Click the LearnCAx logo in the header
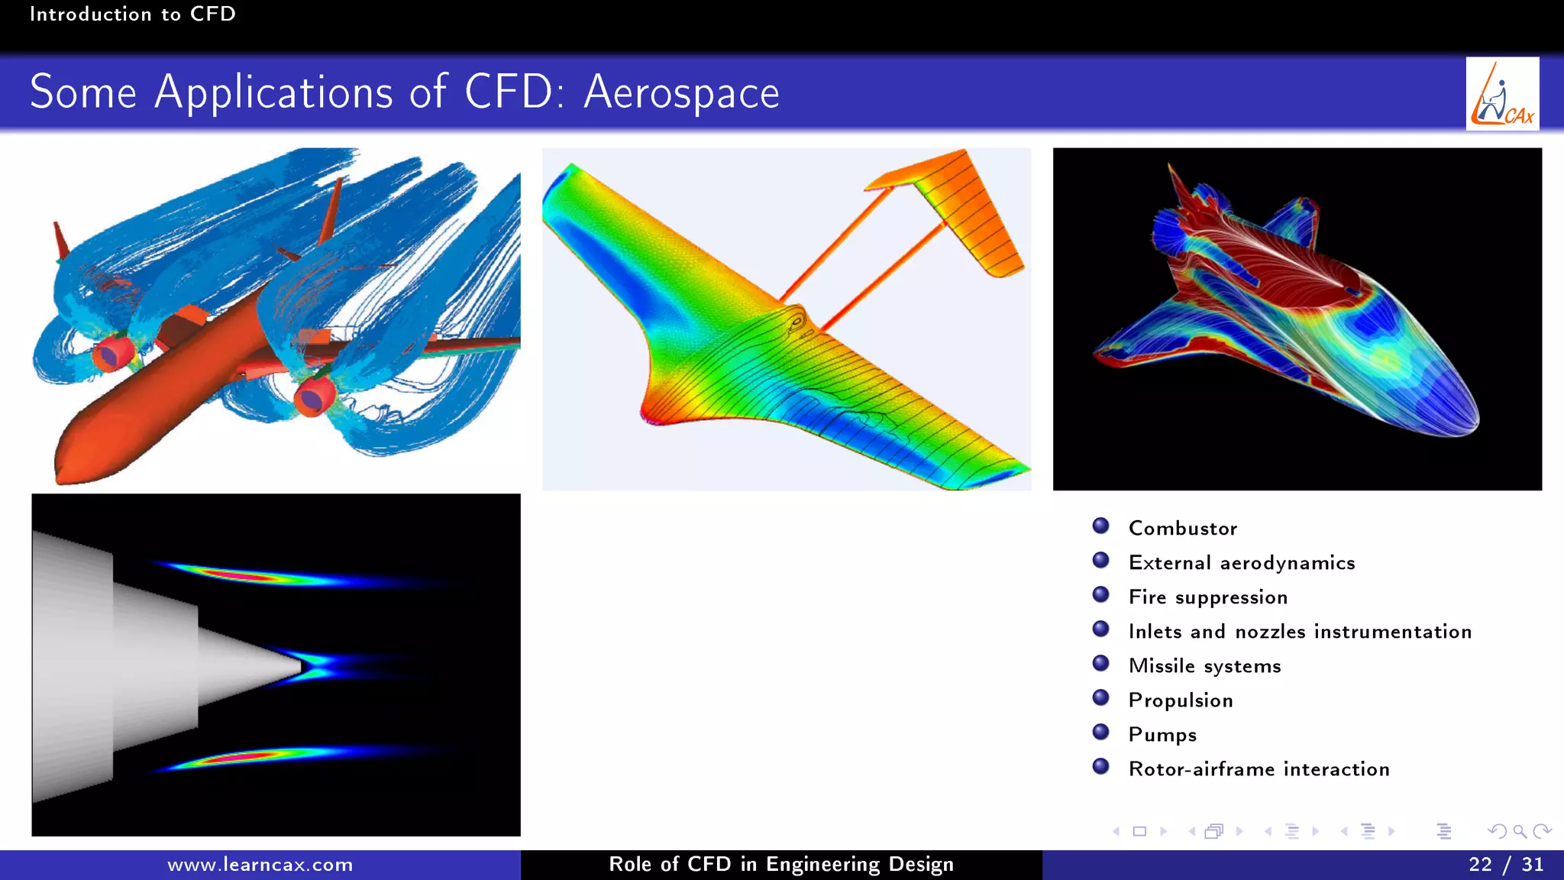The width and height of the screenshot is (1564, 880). [x=1502, y=94]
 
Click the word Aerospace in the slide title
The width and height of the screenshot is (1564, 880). [x=681, y=93]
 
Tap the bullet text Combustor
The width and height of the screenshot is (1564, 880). [x=1182, y=529]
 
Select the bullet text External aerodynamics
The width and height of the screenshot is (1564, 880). [x=1241, y=563]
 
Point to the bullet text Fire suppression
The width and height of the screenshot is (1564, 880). [x=1207, y=597]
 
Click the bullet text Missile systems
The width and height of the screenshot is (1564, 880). [x=1204, y=666]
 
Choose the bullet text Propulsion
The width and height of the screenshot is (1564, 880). [x=1180, y=700]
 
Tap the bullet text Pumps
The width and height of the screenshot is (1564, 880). [x=1162, y=735]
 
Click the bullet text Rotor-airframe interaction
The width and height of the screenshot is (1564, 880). [x=1259, y=769]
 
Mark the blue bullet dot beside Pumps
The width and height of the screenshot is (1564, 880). [x=1100, y=732]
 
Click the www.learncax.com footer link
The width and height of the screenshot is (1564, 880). [x=260, y=865]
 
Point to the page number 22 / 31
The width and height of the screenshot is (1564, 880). [x=1505, y=865]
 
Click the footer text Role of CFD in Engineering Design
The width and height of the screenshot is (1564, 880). [x=780, y=865]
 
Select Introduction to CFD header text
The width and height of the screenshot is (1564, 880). [x=132, y=15]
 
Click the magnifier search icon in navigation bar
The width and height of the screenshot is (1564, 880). [x=1520, y=831]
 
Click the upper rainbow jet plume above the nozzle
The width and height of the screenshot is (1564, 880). [x=252, y=575]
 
